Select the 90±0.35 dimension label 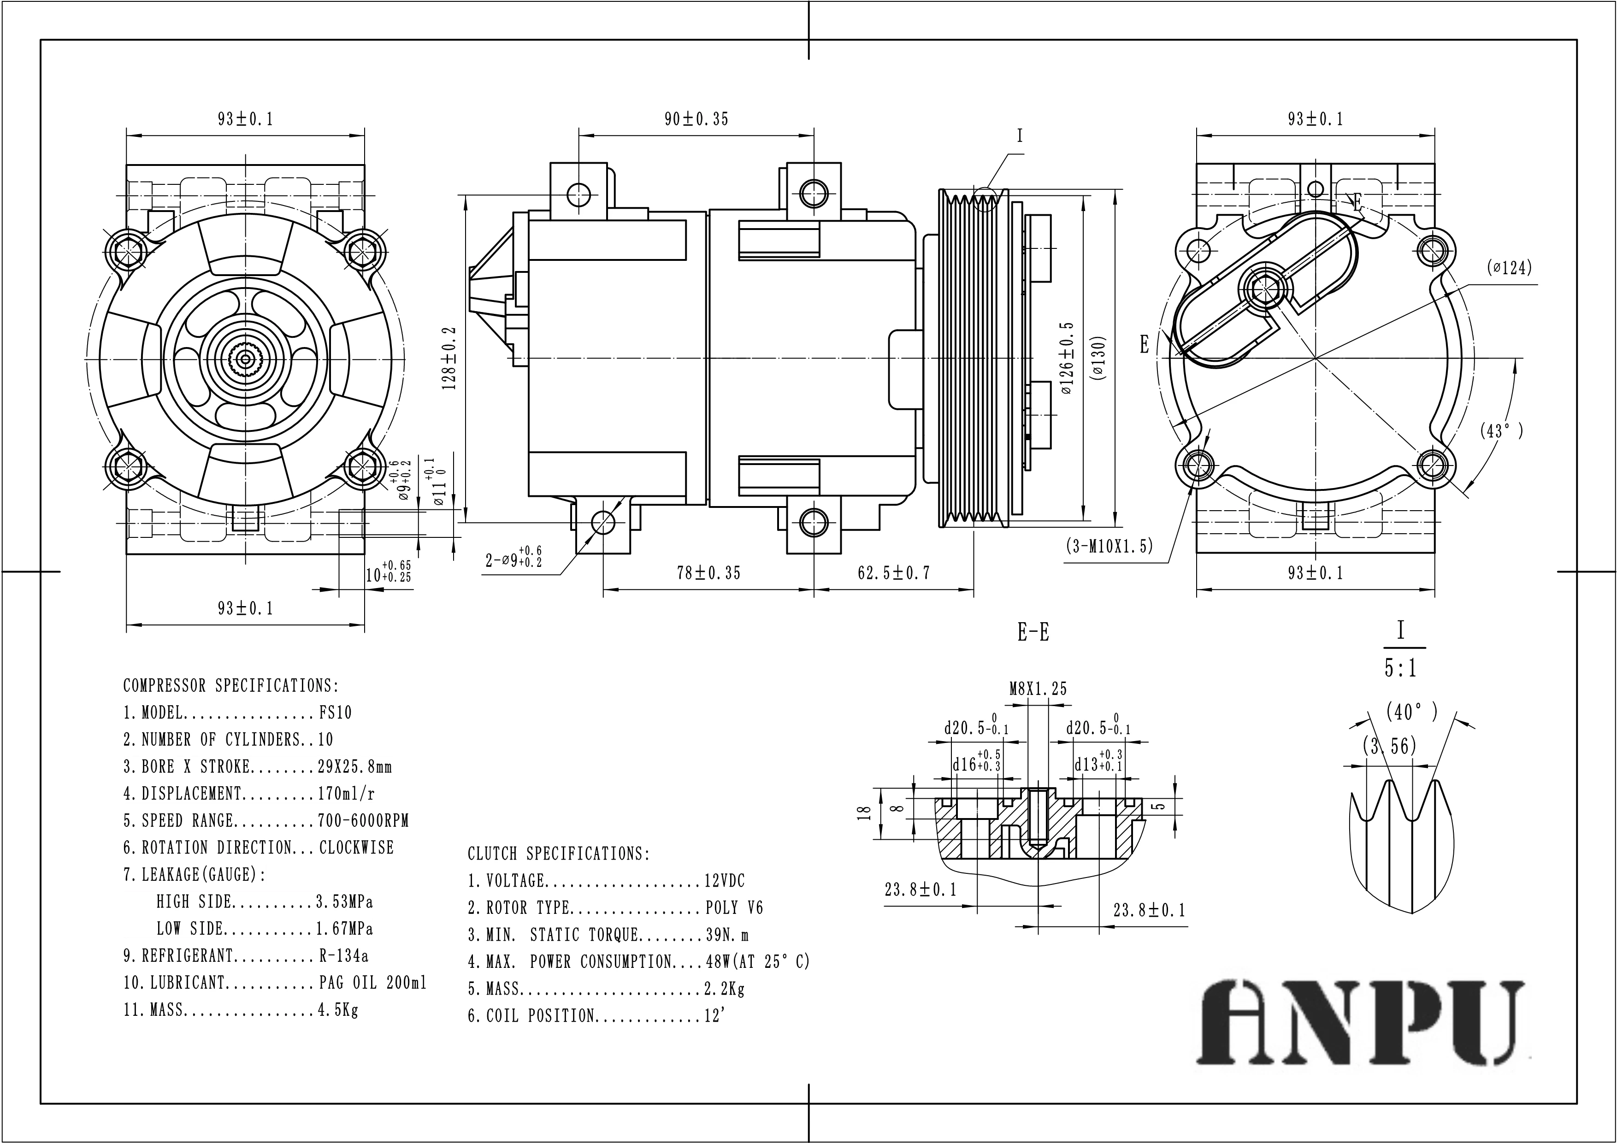pyautogui.click(x=696, y=119)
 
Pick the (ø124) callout pyautogui.click(x=1509, y=268)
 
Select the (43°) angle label pyautogui.click(x=1501, y=430)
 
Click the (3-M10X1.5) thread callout pyautogui.click(x=1109, y=546)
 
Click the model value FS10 pyautogui.click(x=335, y=713)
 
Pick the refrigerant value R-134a pyautogui.click(x=344, y=956)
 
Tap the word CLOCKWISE pyautogui.click(x=356, y=847)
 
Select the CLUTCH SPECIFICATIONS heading pyautogui.click(x=559, y=854)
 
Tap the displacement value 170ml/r pyautogui.click(x=346, y=794)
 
